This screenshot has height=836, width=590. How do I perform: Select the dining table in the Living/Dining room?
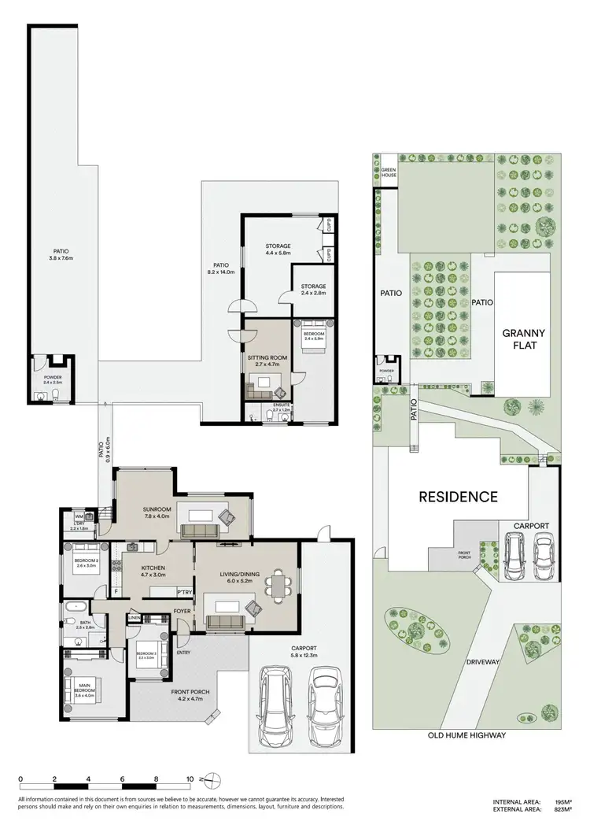click(x=276, y=583)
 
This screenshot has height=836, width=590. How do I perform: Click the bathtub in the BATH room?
click(x=76, y=608)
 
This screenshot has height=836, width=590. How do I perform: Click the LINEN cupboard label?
click(x=134, y=619)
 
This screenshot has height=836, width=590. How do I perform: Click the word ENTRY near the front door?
click(x=183, y=652)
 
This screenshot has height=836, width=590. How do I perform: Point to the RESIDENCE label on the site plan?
click(x=458, y=497)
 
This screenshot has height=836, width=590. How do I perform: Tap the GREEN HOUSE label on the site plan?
click(x=389, y=172)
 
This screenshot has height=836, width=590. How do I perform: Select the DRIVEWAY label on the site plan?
click(x=483, y=662)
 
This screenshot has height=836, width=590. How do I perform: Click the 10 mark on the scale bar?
click(x=190, y=779)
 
